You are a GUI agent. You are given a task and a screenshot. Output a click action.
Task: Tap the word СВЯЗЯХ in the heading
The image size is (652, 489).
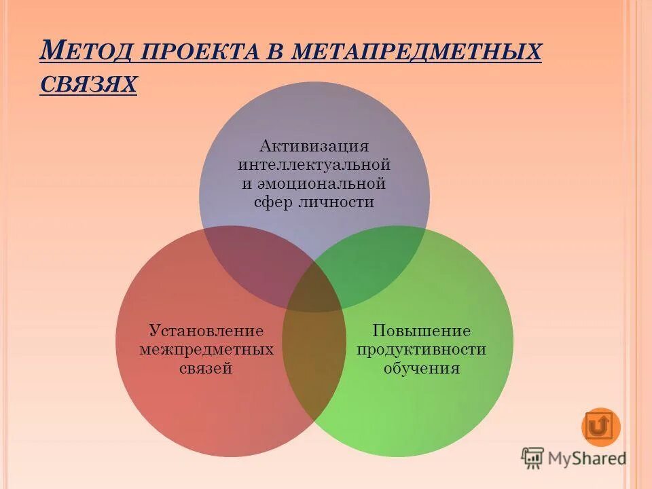click(88, 84)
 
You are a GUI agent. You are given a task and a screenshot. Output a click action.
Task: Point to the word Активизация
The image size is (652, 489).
click(314, 146)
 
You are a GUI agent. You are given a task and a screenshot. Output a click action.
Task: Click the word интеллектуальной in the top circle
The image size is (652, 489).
click(314, 164)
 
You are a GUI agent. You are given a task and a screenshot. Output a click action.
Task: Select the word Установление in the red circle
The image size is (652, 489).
click(206, 331)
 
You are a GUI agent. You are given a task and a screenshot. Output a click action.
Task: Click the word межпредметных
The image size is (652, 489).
click(206, 350)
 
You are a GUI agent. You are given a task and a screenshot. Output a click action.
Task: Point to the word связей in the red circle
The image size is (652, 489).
click(206, 369)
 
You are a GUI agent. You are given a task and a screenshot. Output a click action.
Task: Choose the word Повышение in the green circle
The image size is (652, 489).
click(422, 331)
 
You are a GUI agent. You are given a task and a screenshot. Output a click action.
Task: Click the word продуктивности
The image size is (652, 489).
click(422, 350)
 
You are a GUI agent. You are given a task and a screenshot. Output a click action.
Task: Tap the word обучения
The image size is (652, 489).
click(422, 369)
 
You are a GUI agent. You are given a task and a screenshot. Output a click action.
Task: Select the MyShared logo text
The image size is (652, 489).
click(587, 458)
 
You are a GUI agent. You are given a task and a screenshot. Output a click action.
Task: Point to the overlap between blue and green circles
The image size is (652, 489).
click(374, 268)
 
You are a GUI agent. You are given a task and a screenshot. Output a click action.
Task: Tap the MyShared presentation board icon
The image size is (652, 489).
click(533, 458)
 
